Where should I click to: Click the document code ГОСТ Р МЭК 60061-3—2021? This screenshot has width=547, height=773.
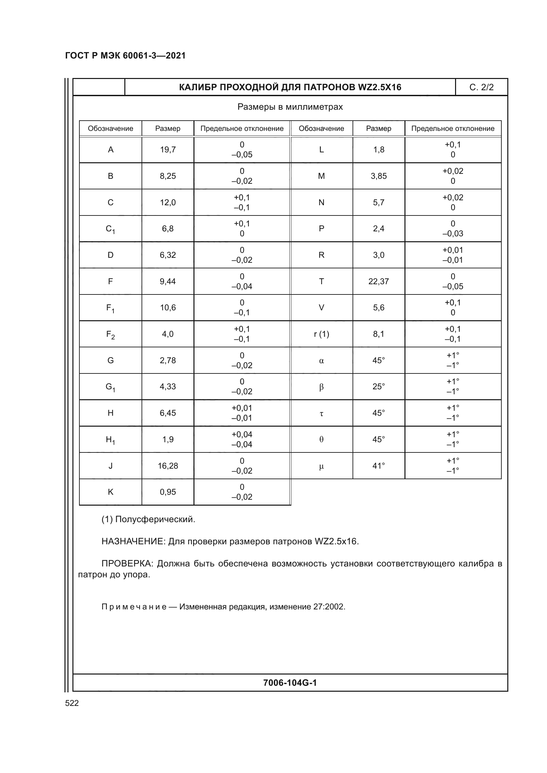pyautogui.click(x=125, y=56)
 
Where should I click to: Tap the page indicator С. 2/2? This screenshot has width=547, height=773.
pyautogui.click(x=481, y=87)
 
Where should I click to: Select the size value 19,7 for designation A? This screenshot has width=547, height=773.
pyautogui.click(x=168, y=149)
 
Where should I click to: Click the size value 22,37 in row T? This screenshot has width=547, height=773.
pyautogui.click(x=378, y=281)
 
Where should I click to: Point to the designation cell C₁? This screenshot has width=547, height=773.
pyautogui.click(x=110, y=229)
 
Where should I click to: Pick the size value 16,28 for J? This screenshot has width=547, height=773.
pyautogui.click(x=168, y=466)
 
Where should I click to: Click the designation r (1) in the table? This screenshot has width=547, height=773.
pyautogui.click(x=321, y=334)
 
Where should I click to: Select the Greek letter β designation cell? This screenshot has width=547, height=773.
pyautogui.click(x=321, y=387)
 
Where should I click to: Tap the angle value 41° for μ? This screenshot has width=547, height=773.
pyautogui.click(x=378, y=466)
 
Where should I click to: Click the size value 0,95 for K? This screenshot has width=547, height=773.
pyautogui.click(x=168, y=492)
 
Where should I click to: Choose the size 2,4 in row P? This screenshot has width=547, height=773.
pyautogui.click(x=378, y=229)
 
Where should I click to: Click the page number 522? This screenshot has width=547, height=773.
pyautogui.click(x=72, y=703)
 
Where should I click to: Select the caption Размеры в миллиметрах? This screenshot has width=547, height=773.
pyautogui.click(x=290, y=107)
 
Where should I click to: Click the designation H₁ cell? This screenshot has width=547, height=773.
pyautogui.click(x=110, y=440)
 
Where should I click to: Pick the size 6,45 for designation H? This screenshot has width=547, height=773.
pyautogui.click(x=168, y=413)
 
